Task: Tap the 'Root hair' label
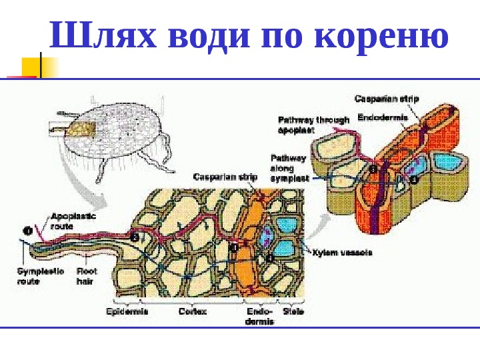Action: tap(87, 277)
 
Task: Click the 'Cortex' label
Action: tap(192, 311)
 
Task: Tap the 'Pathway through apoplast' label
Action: tap(313, 125)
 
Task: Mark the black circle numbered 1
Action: tap(28, 231)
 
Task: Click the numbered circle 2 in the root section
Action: tap(135, 237)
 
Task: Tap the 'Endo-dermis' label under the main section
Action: tap(259, 316)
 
